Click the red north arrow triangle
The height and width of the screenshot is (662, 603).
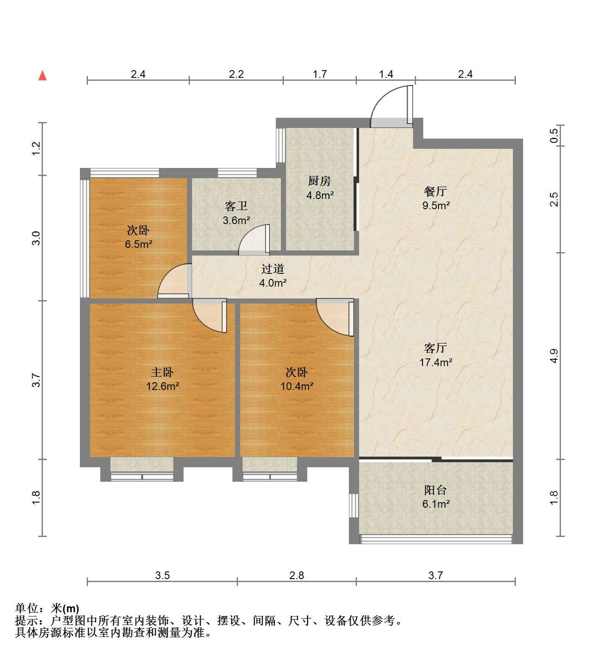tap(42, 76)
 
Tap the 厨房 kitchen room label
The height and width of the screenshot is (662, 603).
tap(320, 181)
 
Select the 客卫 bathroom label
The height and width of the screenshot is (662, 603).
tap(236, 206)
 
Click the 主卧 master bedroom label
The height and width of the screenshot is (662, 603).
tap(162, 372)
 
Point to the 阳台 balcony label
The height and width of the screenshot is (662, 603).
tap(436, 490)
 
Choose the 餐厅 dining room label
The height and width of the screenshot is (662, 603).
tap(436, 191)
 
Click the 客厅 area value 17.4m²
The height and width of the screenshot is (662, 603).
tap(436, 363)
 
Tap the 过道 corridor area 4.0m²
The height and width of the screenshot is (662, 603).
tap(273, 282)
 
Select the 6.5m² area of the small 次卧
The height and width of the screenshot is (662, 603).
tap(139, 244)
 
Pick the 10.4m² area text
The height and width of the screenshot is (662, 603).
tap(297, 386)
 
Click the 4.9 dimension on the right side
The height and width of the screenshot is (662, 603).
tap(554, 356)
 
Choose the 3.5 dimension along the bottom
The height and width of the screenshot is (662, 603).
tap(162, 575)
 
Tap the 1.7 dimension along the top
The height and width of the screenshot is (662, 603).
tap(320, 74)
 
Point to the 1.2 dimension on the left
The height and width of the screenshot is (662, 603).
tap(36, 148)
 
